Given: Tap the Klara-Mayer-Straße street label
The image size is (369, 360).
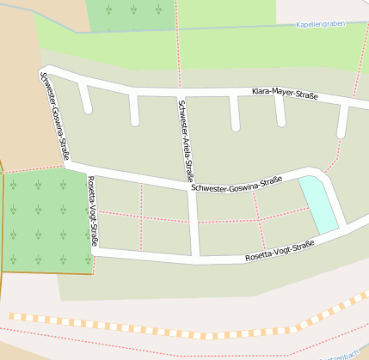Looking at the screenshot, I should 284,94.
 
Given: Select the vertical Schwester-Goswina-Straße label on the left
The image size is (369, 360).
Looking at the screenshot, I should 53,118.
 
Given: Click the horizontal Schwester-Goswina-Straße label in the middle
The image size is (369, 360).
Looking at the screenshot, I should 237,183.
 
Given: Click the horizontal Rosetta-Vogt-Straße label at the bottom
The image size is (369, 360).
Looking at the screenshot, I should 280,250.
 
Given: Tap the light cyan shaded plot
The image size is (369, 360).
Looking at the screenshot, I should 318,204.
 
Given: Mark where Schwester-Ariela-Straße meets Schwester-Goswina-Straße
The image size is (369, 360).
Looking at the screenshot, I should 193,191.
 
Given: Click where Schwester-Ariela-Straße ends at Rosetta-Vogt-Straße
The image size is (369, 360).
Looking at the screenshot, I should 196,256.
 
